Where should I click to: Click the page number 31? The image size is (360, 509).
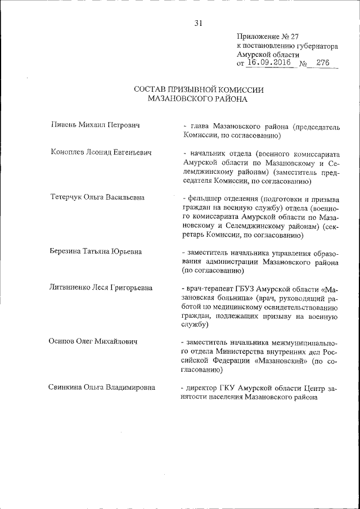pos(198,23)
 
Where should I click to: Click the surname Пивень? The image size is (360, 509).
pos(62,124)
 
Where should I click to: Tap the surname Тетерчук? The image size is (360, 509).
pos(67,197)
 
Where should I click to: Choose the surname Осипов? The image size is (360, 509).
pos(62,341)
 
